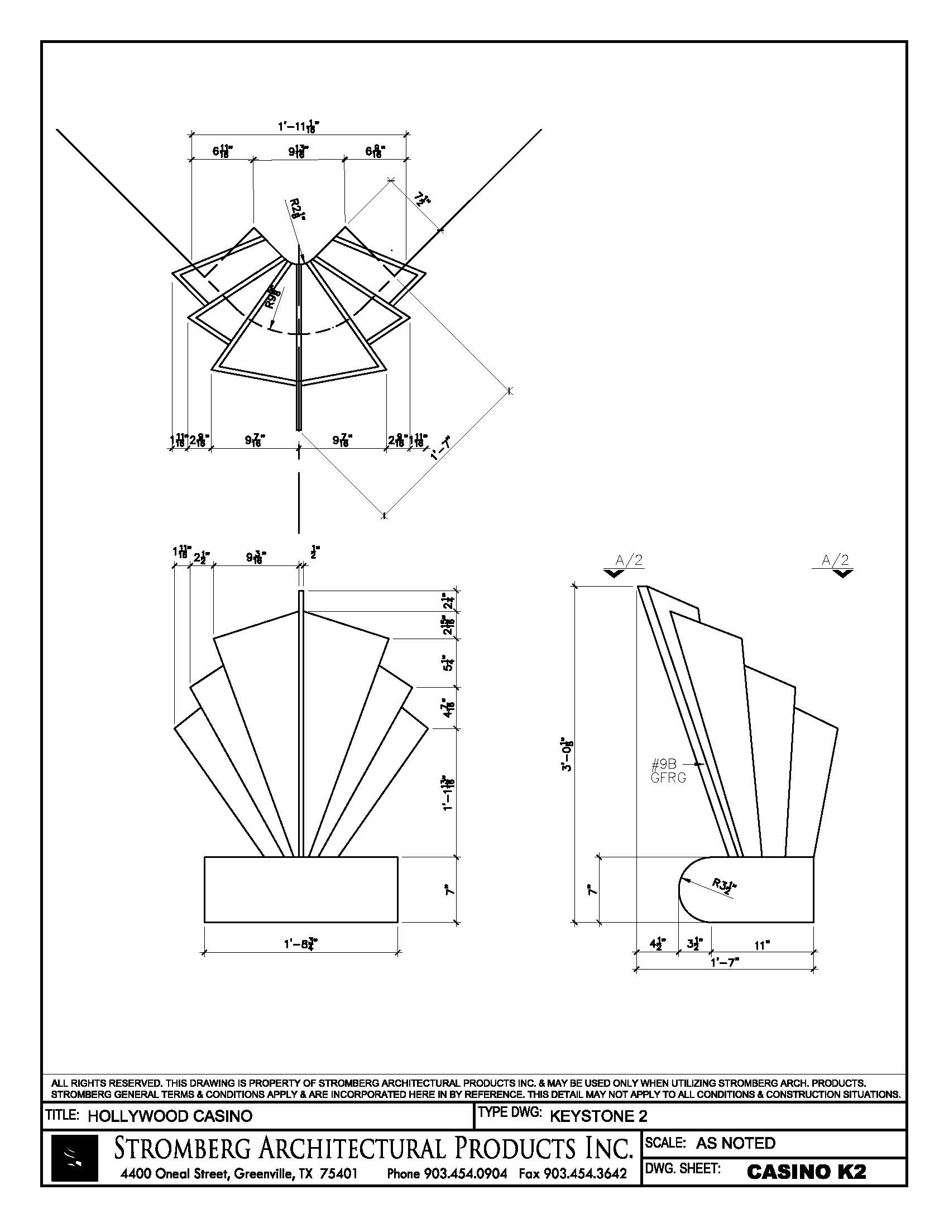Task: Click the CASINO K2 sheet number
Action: click(806, 1171)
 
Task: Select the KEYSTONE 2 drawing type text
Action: click(598, 1116)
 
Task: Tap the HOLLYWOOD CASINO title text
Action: click(170, 1116)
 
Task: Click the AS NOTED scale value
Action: click(735, 1143)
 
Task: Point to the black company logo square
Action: click(74, 1158)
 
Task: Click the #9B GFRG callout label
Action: click(668, 771)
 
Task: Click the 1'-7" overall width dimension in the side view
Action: click(725, 962)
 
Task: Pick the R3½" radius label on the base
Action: click(725, 886)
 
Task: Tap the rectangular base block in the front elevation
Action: click(301, 890)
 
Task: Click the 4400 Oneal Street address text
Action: click(239, 1173)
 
